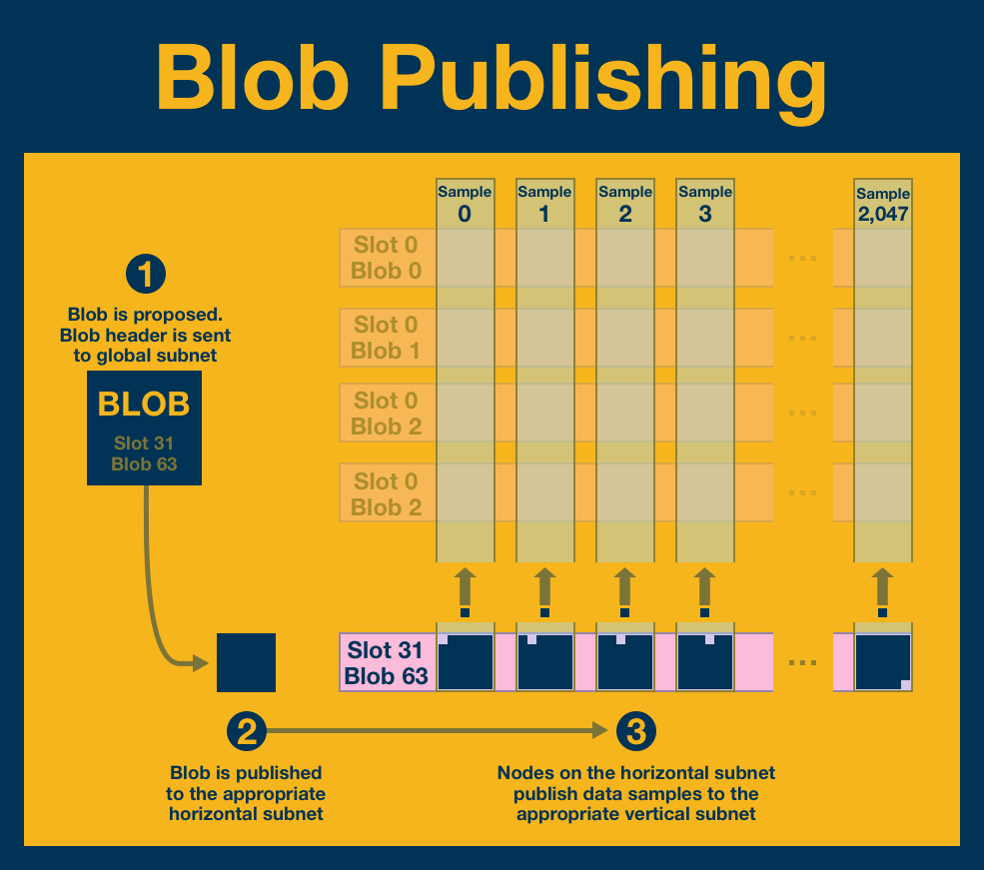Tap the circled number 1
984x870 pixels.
[146, 276]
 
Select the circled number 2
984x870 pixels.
[246, 732]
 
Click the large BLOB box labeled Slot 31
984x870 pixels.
[145, 428]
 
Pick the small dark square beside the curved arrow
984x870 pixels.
[246, 662]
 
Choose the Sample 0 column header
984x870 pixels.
[465, 203]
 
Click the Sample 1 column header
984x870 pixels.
[544, 203]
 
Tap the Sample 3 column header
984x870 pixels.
[705, 203]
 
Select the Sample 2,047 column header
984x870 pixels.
[883, 204]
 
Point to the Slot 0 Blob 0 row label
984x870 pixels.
[387, 257]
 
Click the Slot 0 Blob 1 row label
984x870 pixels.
[387, 337]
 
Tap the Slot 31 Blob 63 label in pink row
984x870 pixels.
[387, 662]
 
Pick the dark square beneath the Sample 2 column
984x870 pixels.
[625, 662]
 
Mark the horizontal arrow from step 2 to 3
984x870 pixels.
[440, 732]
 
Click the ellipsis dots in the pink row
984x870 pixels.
[802, 662]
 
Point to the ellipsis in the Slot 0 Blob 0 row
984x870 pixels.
[802, 258]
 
